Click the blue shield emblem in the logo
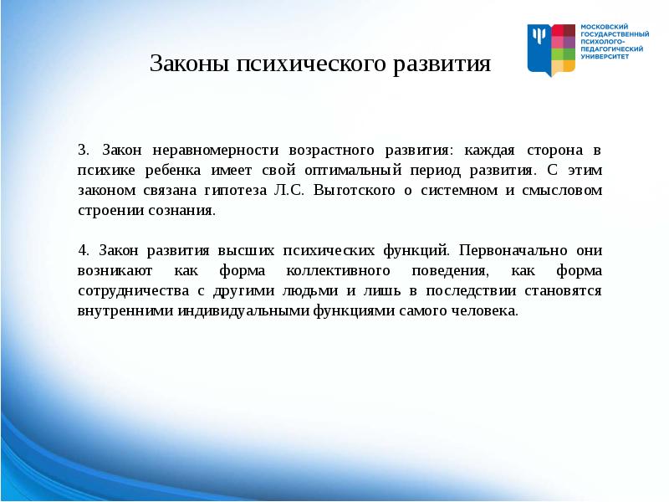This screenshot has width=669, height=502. tap(540, 49)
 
